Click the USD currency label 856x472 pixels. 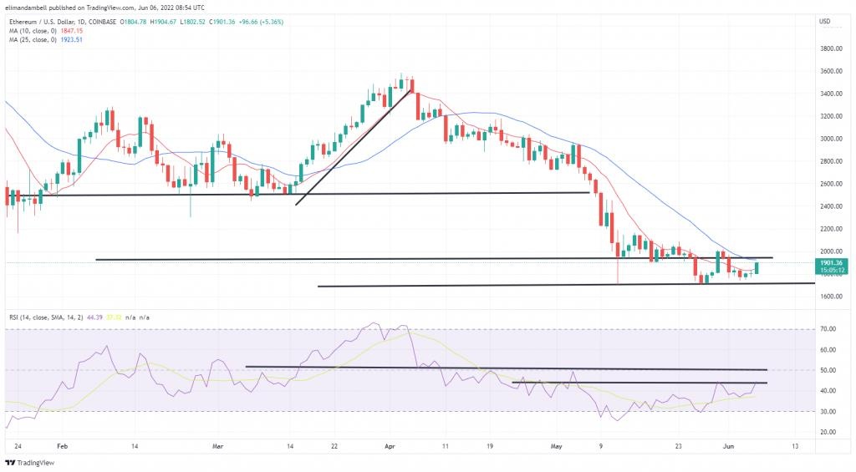coord(824,21)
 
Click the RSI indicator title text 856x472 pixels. coord(42,318)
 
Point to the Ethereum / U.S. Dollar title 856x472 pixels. coord(50,21)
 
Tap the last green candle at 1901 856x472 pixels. coord(757,268)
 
